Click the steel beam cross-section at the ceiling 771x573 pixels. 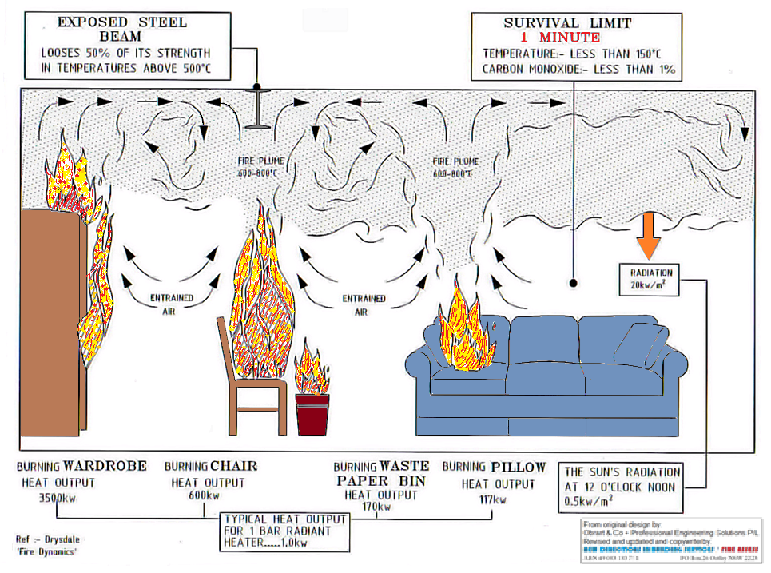(x=256, y=108)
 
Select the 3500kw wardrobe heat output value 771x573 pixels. (x=57, y=496)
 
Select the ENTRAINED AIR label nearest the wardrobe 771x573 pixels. (x=173, y=304)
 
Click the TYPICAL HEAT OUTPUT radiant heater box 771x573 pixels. (x=286, y=532)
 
